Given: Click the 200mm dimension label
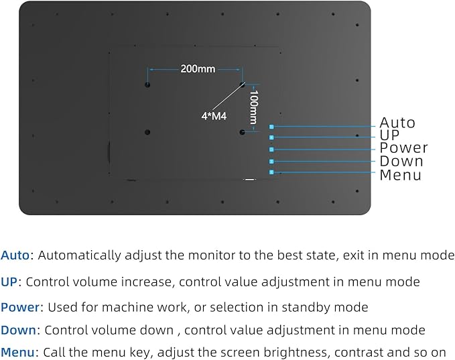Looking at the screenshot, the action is pos(198,69).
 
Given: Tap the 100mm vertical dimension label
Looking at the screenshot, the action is pos(254,107).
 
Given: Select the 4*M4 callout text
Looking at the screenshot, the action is pos(214,116).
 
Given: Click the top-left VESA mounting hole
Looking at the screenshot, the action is pos(147,85).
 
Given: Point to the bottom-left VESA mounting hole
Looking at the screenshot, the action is pos(147,132).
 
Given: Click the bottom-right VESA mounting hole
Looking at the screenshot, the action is pos(243,132).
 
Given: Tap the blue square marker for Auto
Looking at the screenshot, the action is pos(271,127).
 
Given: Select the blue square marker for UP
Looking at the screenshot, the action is pos(271,137).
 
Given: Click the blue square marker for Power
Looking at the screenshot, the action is pos(271,149).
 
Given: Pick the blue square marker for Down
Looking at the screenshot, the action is pos(271,162).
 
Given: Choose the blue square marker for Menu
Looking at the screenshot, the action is pos(271,172).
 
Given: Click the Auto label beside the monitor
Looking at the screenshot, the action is pos(397,123).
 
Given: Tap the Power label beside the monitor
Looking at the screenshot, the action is pos(403,147).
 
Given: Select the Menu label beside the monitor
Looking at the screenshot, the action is pos(401,175).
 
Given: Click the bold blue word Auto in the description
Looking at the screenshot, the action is pos(15,255).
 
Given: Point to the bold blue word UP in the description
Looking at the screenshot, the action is pos(9,282).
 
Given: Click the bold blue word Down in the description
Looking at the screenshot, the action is pos(19,330).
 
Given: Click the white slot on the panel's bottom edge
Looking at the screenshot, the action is pos(249,180).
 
